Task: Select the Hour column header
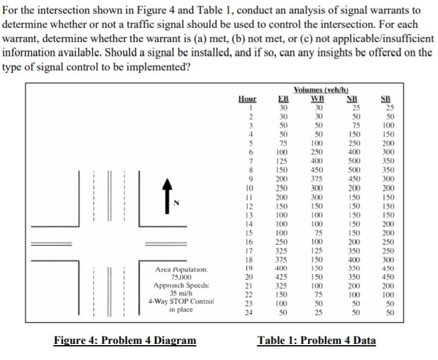click(247, 99)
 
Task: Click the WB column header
click(318, 99)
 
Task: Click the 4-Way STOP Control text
click(182, 301)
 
